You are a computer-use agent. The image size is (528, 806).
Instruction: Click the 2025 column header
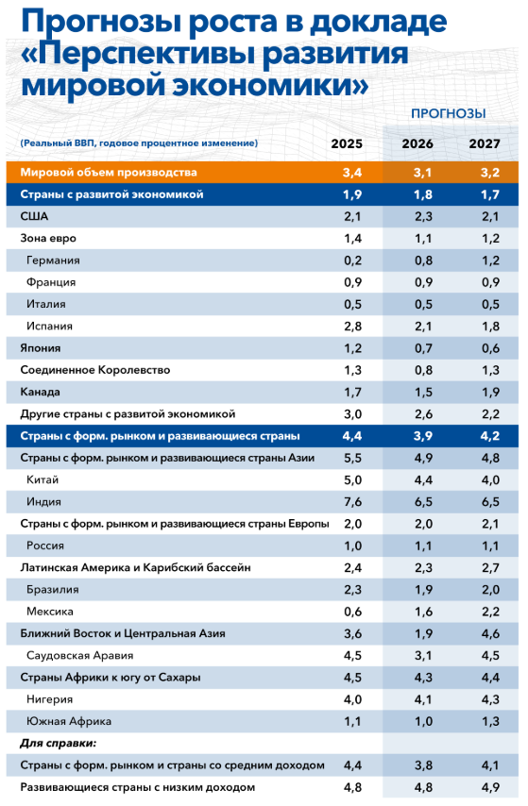coord(347,143)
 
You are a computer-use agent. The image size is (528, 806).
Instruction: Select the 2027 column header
coord(485,143)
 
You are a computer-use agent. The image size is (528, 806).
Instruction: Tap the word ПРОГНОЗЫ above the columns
coord(448,113)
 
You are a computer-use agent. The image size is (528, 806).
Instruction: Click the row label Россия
coord(47,546)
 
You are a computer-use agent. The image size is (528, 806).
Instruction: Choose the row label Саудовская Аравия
coord(79,655)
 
